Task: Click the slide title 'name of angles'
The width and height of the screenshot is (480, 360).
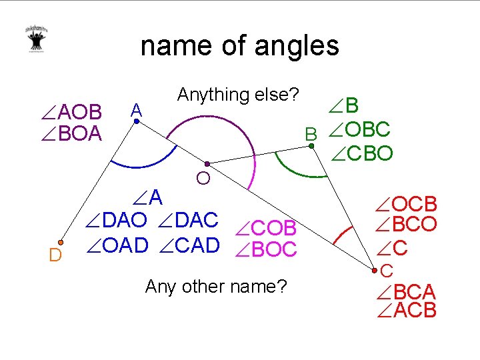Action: coord(240,46)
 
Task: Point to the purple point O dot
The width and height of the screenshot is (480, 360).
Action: coord(207,163)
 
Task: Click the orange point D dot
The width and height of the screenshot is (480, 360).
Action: coord(61,242)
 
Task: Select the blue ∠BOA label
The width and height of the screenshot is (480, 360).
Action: coord(71,133)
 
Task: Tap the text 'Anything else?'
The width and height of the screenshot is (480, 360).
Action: coord(237,95)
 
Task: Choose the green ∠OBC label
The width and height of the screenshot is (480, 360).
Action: coord(357,129)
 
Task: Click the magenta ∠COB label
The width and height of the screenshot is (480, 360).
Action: coord(266,228)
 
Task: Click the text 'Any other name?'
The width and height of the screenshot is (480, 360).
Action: coord(216,287)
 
